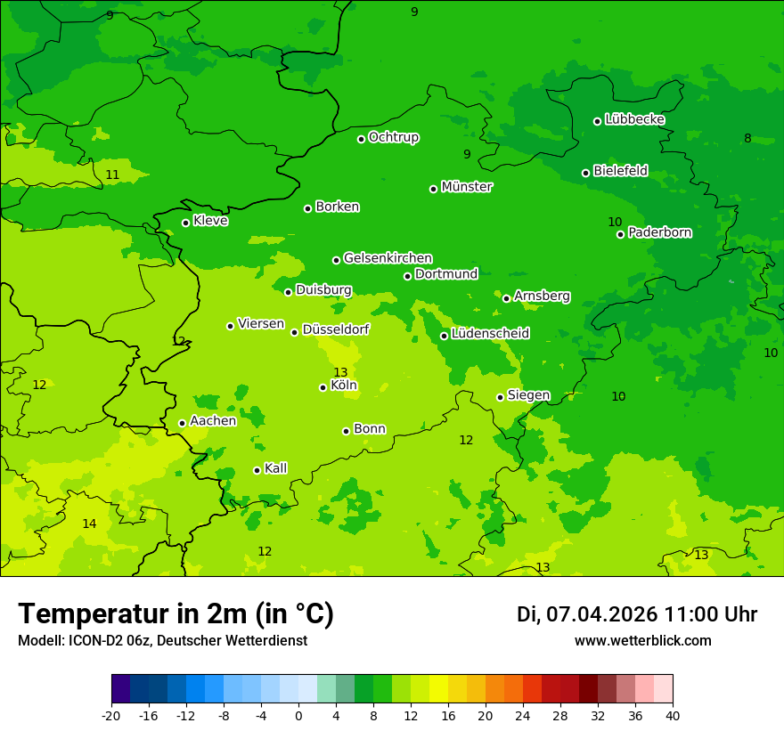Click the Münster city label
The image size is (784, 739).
(x=466, y=187)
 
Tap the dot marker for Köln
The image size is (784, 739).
(x=323, y=387)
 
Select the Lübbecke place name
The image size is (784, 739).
(x=634, y=119)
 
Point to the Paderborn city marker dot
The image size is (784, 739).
(x=621, y=234)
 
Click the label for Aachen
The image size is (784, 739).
(x=213, y=421)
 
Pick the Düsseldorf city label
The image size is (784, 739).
(x=336, y=329)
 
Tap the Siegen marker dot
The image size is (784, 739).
(x=501, y=397)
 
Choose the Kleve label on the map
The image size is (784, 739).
(x=210, y=221)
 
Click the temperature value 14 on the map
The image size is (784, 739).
(x=89, y=524)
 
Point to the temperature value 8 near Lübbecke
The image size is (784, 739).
(x=747, y=138)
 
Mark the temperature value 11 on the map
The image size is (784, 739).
(x=112, y=175)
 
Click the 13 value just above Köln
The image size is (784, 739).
(x=340, y=372)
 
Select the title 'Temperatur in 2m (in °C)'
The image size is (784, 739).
(x=176, y=614)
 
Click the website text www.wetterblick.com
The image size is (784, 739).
(x=642, y=641)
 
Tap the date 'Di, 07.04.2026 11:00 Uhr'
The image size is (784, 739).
(x=636, y=614)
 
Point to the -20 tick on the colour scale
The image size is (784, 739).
(x=111, y=716)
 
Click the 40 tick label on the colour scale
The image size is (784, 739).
(x=673, y=716)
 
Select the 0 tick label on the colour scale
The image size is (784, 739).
(x=298, y=716)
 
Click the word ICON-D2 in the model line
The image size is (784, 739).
(x=93, y=641)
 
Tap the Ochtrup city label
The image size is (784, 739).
(x=393, y=137)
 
